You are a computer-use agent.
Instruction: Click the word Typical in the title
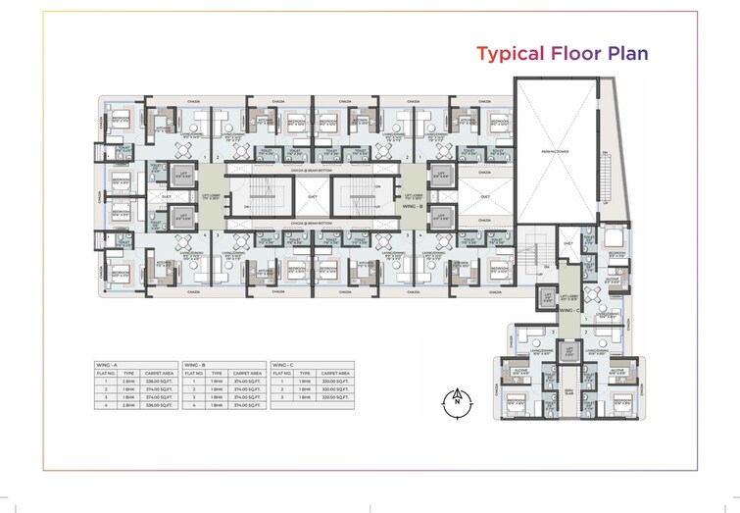coord(507,53)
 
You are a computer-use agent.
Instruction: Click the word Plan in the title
coord(626,53)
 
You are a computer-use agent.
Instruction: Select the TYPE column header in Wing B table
coord(214,373)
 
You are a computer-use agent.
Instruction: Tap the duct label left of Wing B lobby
coord(367,196)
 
